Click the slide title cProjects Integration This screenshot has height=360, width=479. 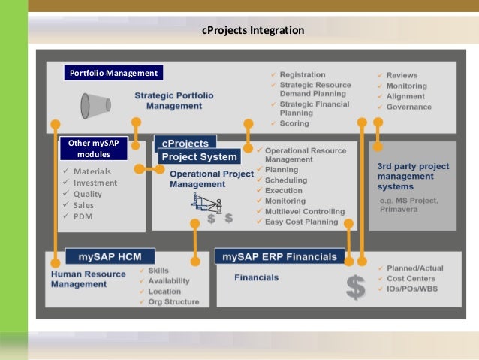(x=254, y=31)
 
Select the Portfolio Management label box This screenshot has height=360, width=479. (x=113, y=73)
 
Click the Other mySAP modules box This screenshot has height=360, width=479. (x=94, y=149)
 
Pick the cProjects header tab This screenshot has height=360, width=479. (x=185, y=143)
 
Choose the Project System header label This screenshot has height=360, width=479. (x=199, y=157)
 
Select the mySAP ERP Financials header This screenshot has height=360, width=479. (x=279, y=256)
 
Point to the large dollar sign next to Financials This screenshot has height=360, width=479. (x=354, y=286)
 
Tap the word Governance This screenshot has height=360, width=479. (x=408, y=107)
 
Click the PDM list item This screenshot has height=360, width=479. (x=83, y=216)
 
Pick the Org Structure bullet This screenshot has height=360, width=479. (x=173, y=302)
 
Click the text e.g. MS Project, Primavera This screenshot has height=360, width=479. (x=409, y=205)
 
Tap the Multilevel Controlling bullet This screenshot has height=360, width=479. (x=304, y=212)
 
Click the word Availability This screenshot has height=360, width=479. (x=168, y=281)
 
